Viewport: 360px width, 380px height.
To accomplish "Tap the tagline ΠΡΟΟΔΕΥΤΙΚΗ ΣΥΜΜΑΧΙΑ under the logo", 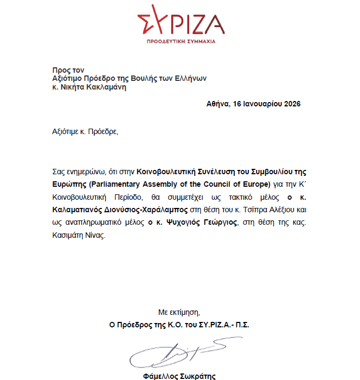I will tap(181, 42).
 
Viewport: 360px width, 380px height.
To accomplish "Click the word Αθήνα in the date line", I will tap(218, 104).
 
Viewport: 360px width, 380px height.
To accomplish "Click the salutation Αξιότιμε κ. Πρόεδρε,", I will tap(85, 132).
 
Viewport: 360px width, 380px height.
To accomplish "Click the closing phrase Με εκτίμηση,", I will tap(179, 312).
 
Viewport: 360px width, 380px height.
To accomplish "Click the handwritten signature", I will tap(176, 353).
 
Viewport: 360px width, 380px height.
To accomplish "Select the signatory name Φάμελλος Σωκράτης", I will tap(178, 376).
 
